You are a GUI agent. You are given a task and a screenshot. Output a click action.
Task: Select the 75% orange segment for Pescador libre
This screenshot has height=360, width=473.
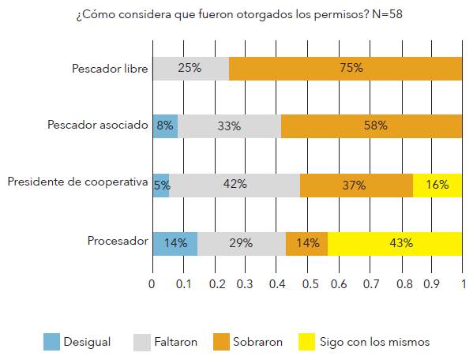(x=345, y=68)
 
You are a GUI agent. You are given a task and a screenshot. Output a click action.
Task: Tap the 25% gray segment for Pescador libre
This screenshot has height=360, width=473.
(x=190, y=68)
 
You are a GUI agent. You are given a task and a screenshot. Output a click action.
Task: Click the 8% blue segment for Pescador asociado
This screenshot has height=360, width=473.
(x=164, y=126)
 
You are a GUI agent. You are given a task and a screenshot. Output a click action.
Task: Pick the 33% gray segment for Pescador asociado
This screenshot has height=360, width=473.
(x=229, y=126)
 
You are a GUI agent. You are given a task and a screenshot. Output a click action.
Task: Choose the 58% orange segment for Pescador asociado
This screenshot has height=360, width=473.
(x=371, y=126)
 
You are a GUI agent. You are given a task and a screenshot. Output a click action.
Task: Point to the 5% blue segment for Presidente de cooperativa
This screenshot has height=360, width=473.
(x=160, y=185)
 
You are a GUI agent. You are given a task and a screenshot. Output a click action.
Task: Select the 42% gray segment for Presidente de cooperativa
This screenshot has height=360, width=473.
(x=235, y=185)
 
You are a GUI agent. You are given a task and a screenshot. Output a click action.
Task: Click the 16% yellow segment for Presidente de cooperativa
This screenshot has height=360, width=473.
(x=437, y=185)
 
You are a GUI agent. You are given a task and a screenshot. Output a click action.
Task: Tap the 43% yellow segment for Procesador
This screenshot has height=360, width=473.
(x=395, y=243)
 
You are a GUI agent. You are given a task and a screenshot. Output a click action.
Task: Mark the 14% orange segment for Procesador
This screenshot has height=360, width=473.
(x=306, y=243)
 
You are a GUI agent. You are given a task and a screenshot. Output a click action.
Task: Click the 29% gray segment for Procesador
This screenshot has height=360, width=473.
(x=242, y=243)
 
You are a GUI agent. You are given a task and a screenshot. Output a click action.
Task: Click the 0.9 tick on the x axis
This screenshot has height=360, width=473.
(x=431, y=282)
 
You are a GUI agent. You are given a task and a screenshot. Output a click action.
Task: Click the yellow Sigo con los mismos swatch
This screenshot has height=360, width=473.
(x=306, y=342)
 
